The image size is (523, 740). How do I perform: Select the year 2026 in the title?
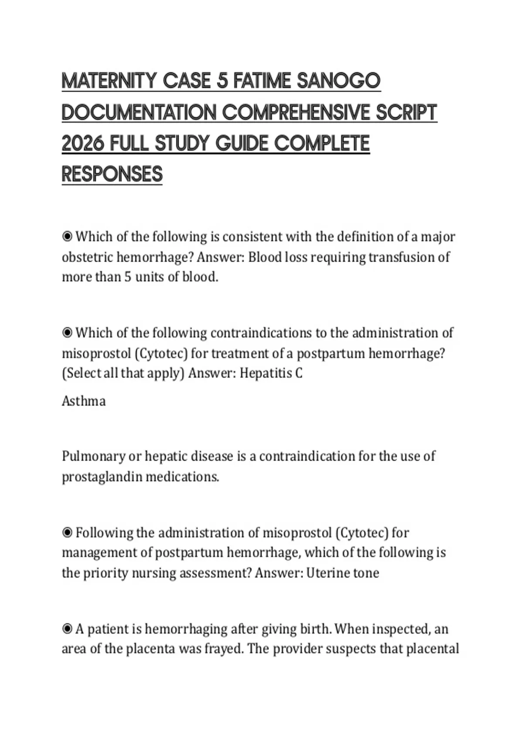point(82,143)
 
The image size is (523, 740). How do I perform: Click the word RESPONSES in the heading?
point(112,174)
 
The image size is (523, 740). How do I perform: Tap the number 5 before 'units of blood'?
point(127,277)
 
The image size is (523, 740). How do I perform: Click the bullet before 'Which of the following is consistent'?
point(67,237)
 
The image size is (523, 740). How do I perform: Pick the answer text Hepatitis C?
point(271,373)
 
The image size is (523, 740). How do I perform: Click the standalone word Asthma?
point(84,401)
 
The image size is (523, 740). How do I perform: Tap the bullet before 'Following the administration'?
point(67,533)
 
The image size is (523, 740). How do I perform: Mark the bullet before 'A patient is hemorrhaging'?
point(67,629)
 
